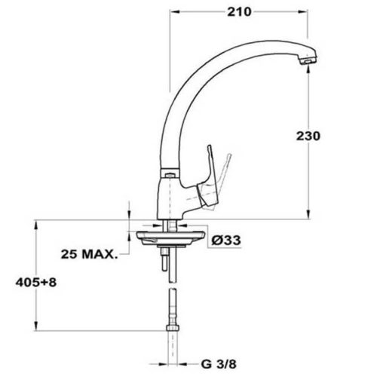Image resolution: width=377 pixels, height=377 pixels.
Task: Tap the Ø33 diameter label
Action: (225, 241)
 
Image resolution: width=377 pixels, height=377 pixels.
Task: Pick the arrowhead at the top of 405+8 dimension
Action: (35, 224)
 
